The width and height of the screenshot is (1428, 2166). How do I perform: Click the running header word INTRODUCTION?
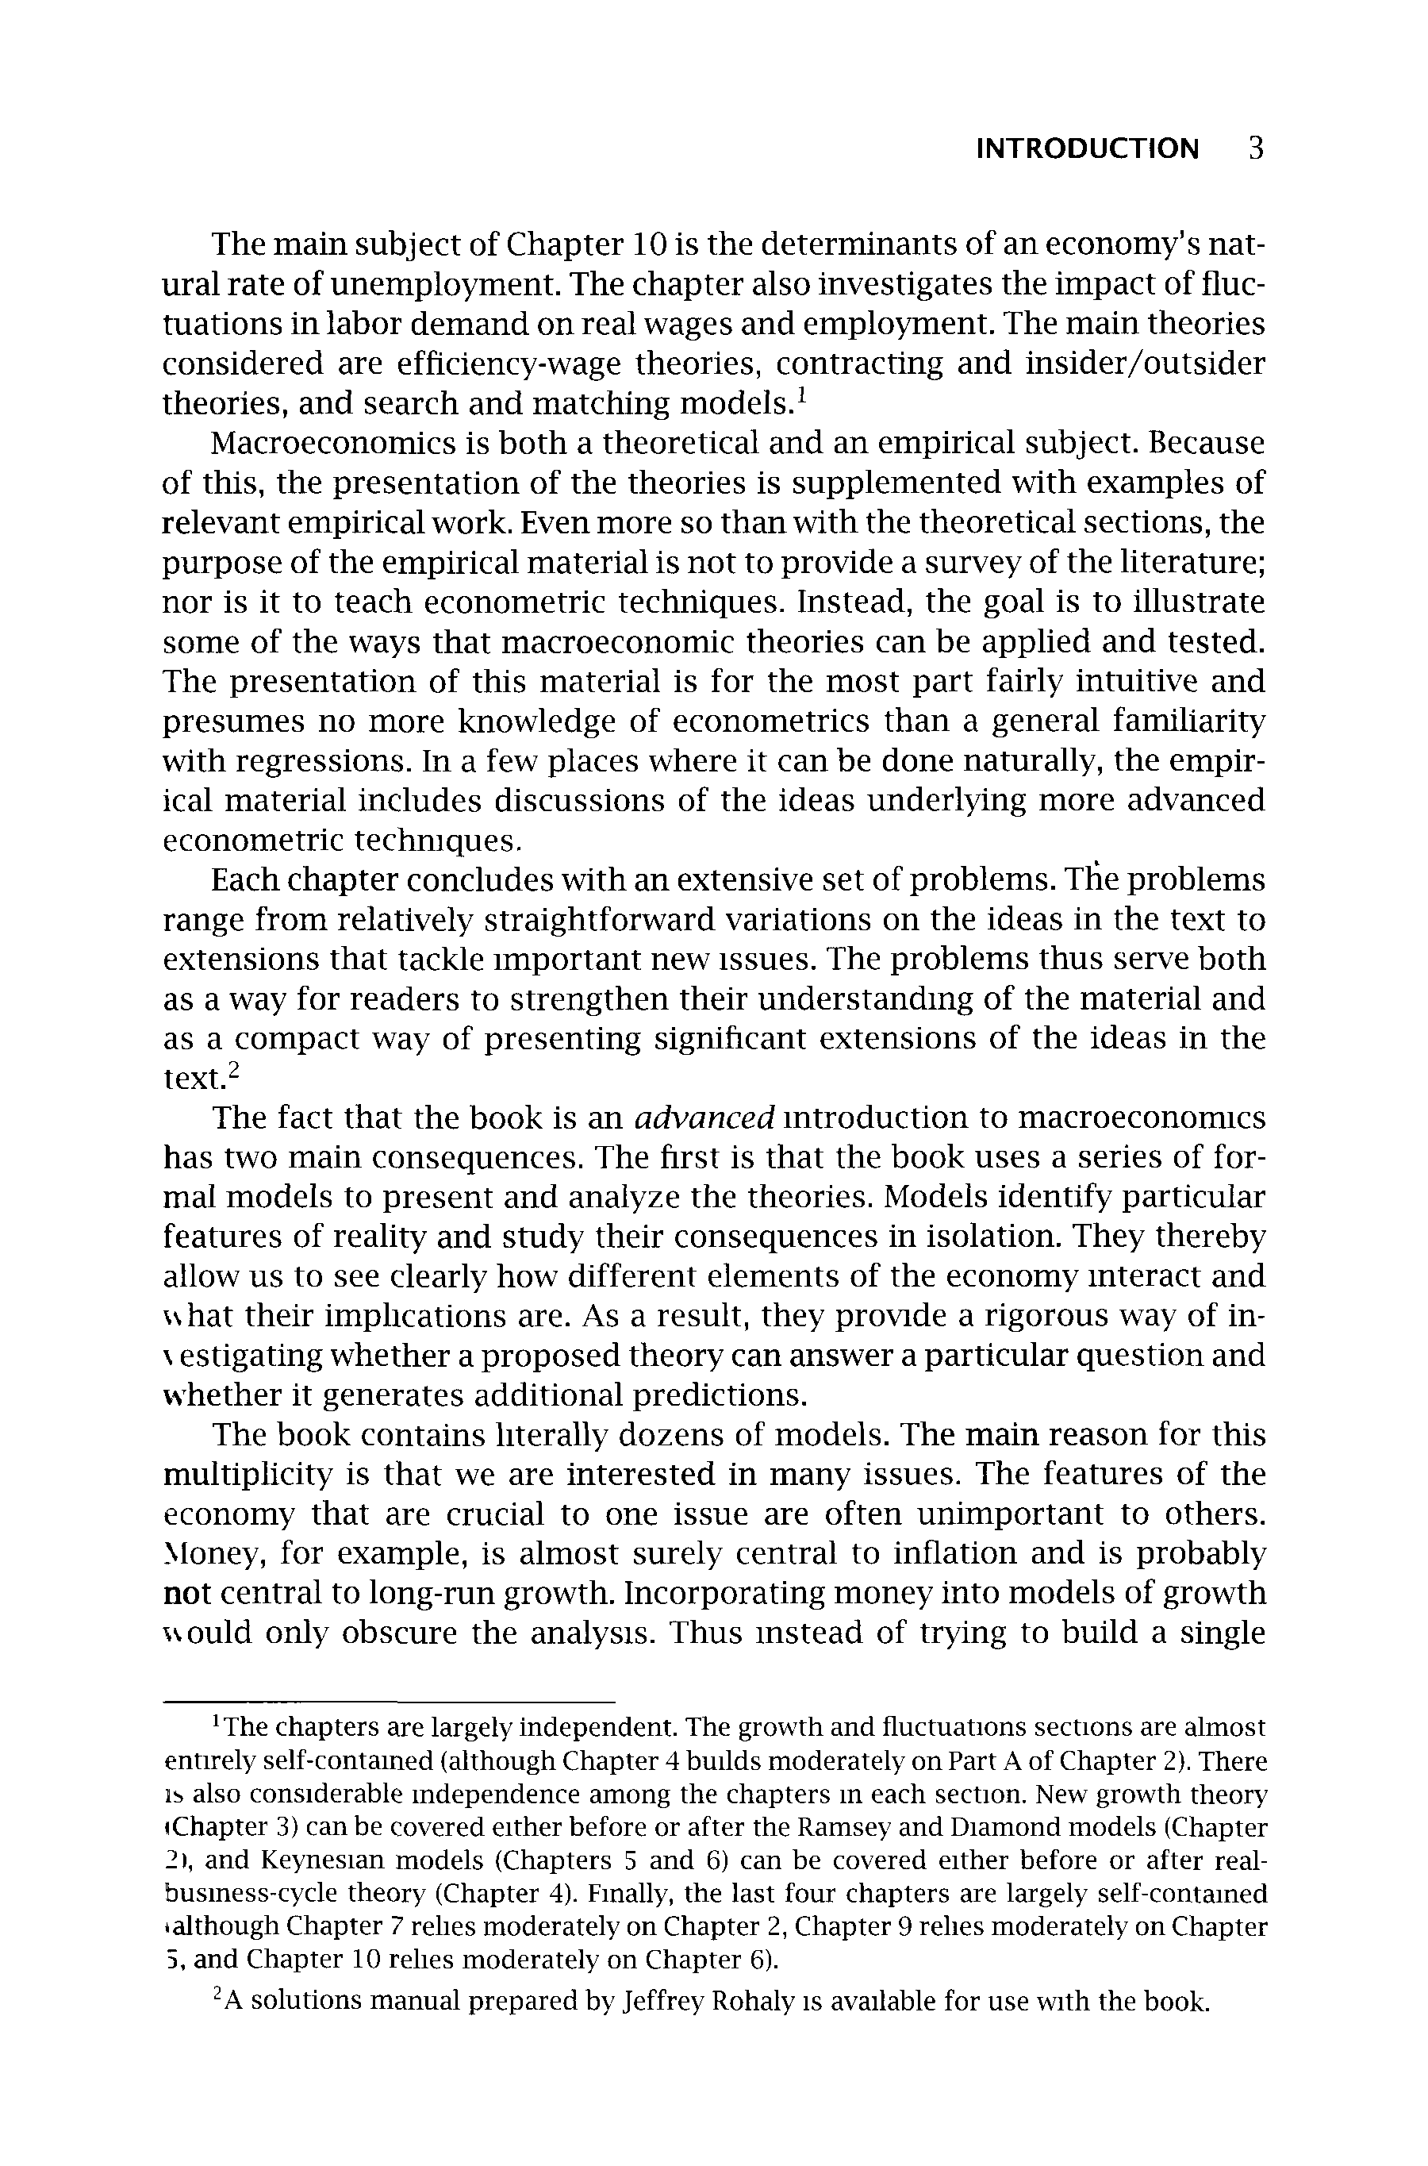(x=1088, y=148)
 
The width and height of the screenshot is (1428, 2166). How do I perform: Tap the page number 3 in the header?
(x=1256, y=148)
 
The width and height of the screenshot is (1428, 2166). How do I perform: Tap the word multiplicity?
(x=248, y=1475)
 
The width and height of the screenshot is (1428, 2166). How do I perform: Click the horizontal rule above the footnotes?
(x=389, y=1702)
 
